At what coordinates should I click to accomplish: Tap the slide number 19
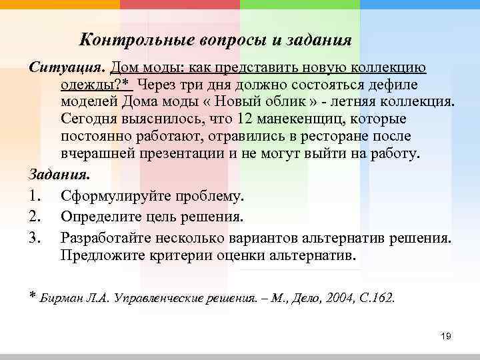(x=446, y=336)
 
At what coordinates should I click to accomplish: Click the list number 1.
(x=36, y=197)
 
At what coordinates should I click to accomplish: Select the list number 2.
(x=36, y=217)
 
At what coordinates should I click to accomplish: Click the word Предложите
(x=99, y=255)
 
